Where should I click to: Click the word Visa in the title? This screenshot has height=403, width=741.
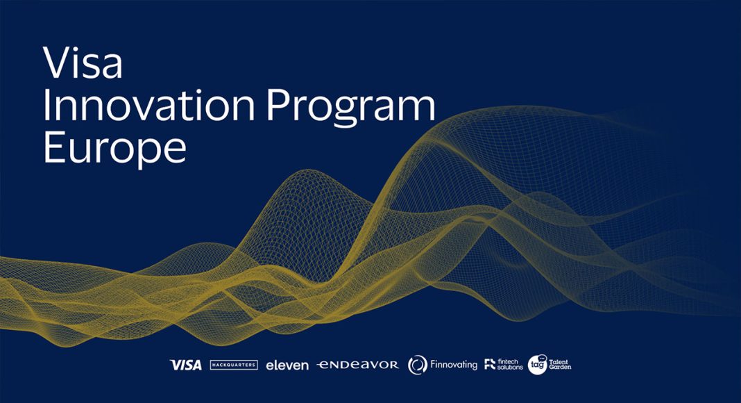tap(83, 63)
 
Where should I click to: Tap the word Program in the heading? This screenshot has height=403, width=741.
tap(350, 108)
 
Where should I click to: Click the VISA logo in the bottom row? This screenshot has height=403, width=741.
tap(186, 365)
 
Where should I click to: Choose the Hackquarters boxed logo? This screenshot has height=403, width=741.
tap(234, 365)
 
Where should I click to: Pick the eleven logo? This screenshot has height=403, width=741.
tap(287, 365)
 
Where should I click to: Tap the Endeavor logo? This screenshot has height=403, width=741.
tap(358, 365)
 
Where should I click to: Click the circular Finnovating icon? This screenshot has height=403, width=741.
tap(417, 365)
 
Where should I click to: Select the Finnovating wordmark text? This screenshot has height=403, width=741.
tap(454, 365)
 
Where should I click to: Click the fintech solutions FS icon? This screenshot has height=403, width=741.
tap(490, 364)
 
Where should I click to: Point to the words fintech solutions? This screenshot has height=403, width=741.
tap(510, 364)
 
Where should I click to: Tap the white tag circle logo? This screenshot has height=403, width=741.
tap(537, 365)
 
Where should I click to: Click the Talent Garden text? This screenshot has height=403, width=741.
tap(560, 365)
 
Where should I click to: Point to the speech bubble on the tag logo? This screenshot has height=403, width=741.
tap(542, 358)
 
